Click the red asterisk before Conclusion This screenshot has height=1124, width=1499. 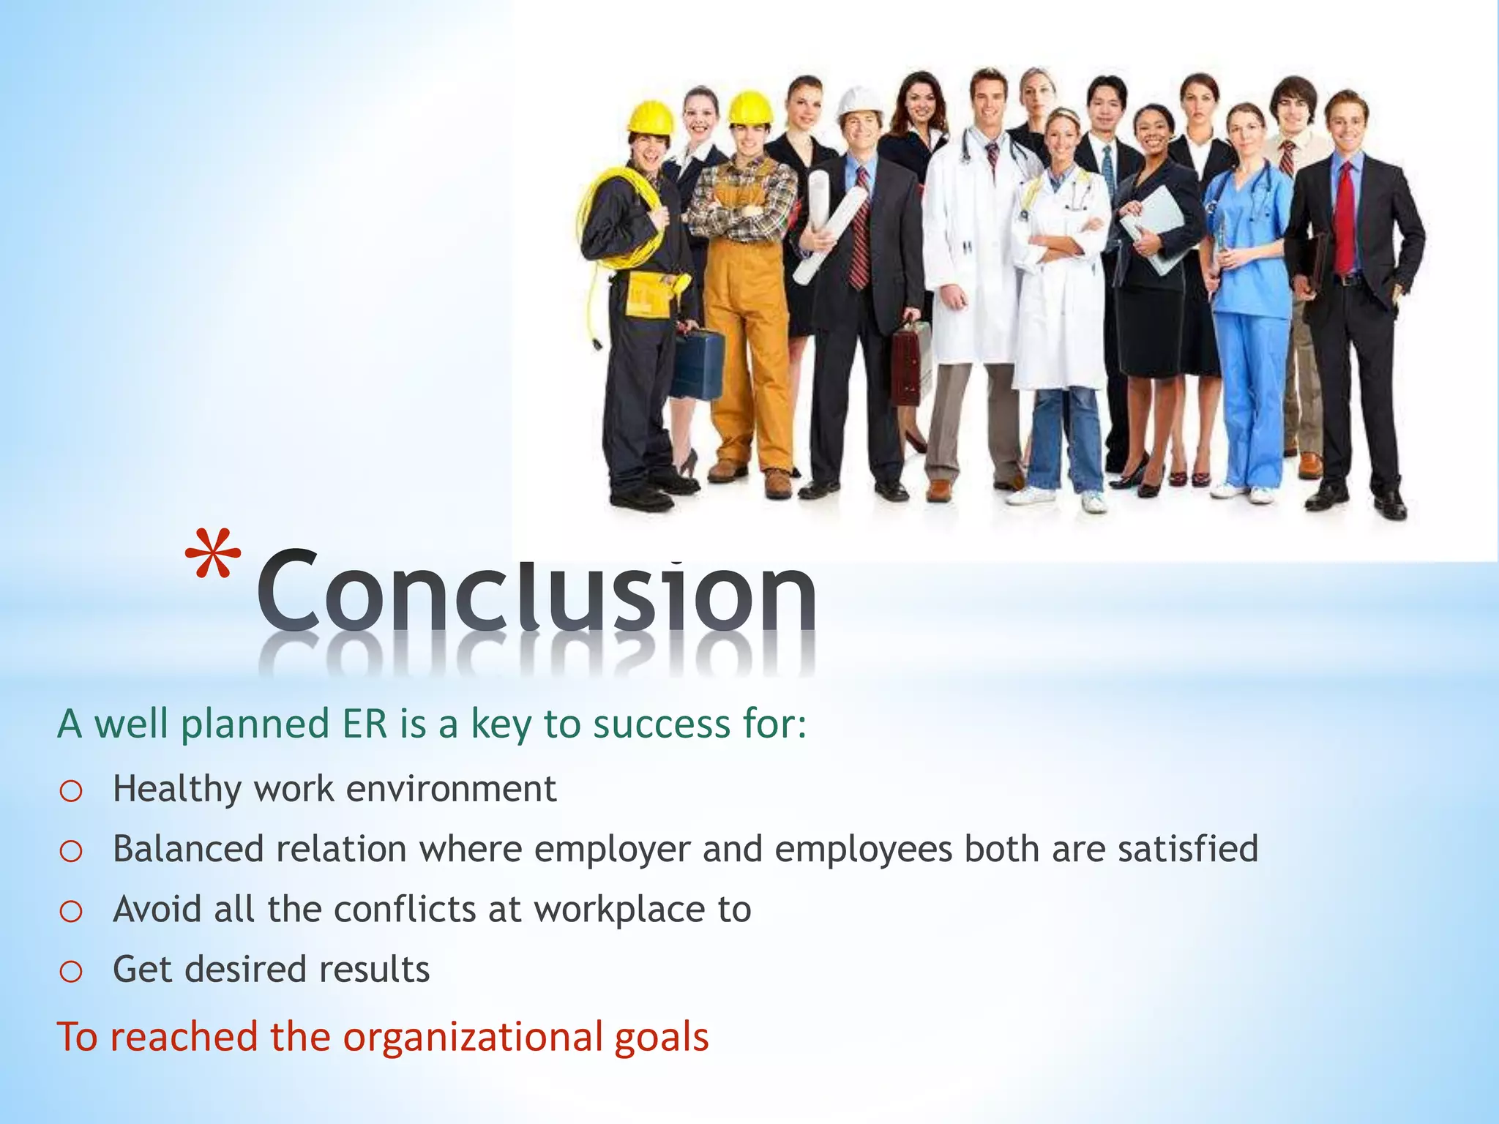click(x=213, y=554)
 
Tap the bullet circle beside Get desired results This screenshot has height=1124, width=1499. click(x=71, y=972)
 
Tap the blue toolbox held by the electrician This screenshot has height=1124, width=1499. click(x=697, y=364)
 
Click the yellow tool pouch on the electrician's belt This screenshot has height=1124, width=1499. click(x=649, y=294)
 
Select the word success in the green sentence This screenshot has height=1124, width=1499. click(x=662, y=724)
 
